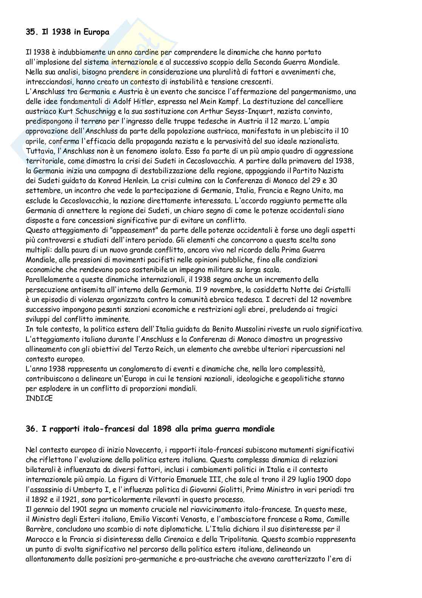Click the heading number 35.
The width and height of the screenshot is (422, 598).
pyautogui.click(x=31, y=32)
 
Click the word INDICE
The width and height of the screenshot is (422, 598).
pyautogui.click(x=39, y=398)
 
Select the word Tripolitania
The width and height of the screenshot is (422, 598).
pyautogui.click(x=234, y=539)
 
